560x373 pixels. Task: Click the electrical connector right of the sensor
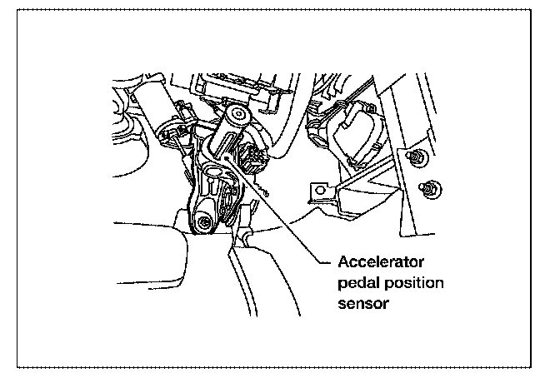[x=253, y=159]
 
